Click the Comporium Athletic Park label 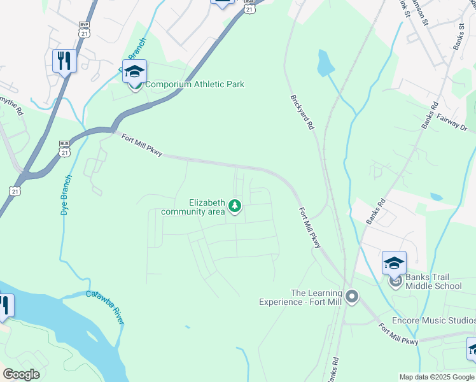click(195, 84)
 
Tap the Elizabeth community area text click(194, 207)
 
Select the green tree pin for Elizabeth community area click(235, 206)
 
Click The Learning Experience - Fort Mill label click(299, 297)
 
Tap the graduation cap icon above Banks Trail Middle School click(394, 262)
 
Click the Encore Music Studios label click(433, 320)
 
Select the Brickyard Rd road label click(302, 113)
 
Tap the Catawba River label click(106, 306)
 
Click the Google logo click(21, 374)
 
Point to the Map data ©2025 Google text click(437, 377)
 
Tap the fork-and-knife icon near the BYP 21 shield click(64, 61)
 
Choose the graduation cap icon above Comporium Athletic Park click(134, 71)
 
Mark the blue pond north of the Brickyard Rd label click(325, 62)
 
